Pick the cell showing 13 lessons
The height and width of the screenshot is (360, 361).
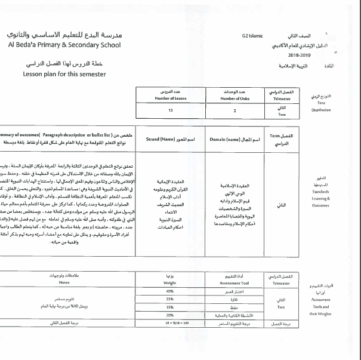click(171, 110)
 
